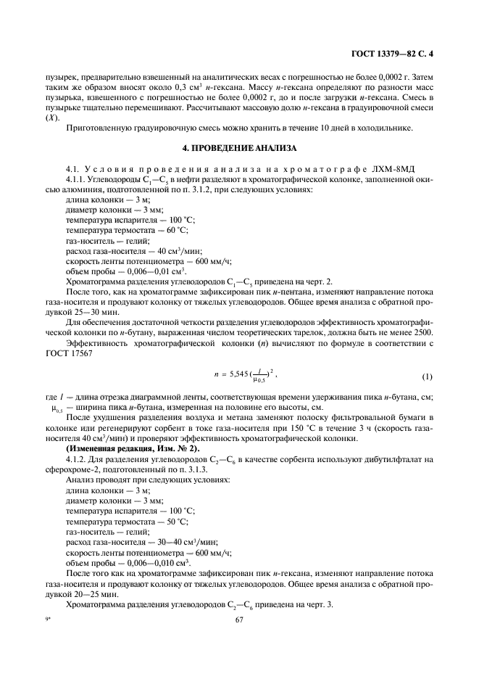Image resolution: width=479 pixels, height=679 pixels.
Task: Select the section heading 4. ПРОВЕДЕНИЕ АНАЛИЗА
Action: point(239,148)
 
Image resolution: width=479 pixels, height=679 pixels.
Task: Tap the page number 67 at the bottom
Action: point(239,620)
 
